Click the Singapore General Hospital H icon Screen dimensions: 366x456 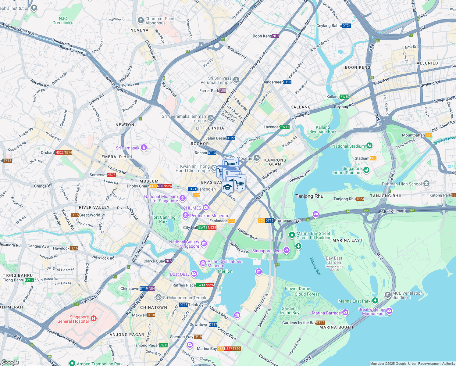[94, 319]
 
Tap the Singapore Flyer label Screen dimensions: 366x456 [267, 251]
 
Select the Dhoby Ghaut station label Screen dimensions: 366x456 [138, 186]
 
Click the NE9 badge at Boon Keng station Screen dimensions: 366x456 [276, 36]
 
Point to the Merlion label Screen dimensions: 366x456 [225, 271]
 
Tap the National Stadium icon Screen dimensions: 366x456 [369, 146]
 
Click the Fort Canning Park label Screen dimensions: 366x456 [163, 219]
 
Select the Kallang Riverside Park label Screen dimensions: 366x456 [323, 129]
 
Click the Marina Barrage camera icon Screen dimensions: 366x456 [345, 312]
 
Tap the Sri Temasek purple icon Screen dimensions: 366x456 [144, 148]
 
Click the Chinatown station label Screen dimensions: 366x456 [130, 289]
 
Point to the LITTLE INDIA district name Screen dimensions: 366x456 [210, 128]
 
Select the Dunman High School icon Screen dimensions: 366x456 [426, 183]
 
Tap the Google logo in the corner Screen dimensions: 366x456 [10, 362]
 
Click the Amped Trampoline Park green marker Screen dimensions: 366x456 [72, 363]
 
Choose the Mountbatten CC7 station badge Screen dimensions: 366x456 [429, 135]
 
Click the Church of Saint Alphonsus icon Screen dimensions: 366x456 [141, 20]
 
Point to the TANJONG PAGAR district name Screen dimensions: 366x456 [125, 335]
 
